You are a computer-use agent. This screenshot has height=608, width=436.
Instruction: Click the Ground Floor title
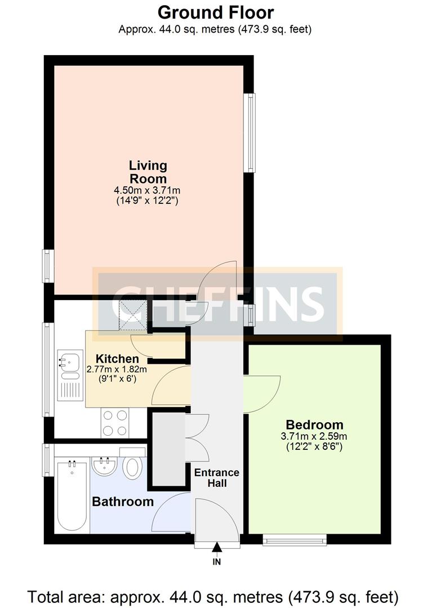pos(216,12)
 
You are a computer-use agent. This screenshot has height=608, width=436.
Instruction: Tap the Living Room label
pos(148,172)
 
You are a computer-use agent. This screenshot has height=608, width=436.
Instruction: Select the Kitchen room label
pos(117,359)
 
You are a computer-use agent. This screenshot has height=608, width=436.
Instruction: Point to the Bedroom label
pos(314,424)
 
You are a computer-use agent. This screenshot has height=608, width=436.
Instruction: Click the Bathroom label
pos(123,502)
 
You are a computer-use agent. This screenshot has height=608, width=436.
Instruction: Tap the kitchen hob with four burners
pos(115,423)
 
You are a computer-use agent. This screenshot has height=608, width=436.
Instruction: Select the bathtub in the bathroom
pos(72,495)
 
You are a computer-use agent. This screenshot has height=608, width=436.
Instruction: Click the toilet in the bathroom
pos(133,467)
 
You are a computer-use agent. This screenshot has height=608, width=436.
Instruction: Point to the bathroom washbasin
pos(104,467)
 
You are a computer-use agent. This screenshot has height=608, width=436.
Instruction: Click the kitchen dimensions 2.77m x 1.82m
pos(117,370)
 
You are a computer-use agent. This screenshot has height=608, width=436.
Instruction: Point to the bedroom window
pos(295,540)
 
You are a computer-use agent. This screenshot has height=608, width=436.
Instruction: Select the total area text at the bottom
pos(213,596)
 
